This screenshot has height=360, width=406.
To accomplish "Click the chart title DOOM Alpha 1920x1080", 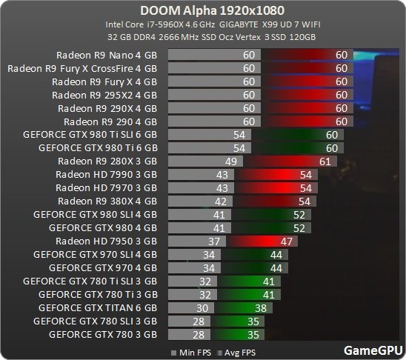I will click(x=203, y=11).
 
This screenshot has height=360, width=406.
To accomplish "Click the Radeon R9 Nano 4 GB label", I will click(x=107, y=55).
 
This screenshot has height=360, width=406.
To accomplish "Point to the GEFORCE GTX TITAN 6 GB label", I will click(x=98, y=307).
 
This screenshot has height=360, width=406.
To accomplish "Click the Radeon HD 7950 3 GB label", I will click(x=107, y=241).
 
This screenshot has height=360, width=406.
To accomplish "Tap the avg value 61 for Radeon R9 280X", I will click(x=324, y=161).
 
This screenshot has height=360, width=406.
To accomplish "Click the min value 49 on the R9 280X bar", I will click(x=230, y=161).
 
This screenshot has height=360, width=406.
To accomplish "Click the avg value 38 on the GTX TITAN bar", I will click(x=259, y=307).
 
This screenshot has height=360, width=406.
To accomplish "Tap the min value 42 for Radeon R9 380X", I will click(x=219, y=201).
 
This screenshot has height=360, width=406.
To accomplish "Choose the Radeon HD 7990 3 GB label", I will click(x=107, y=174).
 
